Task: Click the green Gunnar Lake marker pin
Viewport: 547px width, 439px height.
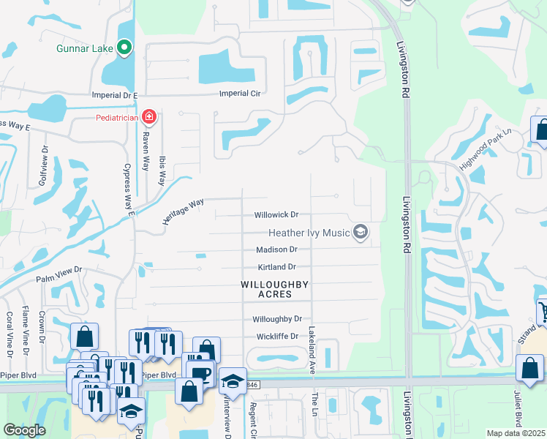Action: (x=124, y=48)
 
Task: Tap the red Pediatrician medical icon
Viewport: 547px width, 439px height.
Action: (x=149, y=116)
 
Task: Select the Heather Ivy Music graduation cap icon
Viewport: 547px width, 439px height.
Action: (x=360, y=233)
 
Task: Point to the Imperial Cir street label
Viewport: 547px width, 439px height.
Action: (x=241, y=94)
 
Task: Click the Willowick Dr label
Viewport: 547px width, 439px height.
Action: (x=276, y=215)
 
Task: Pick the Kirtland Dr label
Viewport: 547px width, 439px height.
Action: (x=276, y=267)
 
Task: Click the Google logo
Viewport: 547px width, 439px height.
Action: (x=24, y=430)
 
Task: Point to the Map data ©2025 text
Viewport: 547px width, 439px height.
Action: (x=516, y=433)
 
